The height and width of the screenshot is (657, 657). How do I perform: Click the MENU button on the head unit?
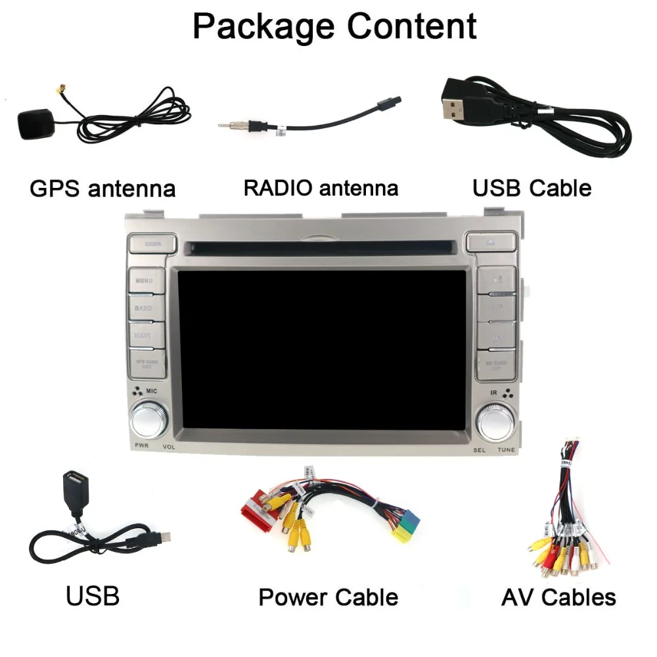pyautogui.click(x=145, y=281)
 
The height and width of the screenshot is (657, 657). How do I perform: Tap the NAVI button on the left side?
pyautogui.click(x=145, y=336)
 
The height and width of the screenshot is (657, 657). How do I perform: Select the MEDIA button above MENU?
pyautogui.click(x=152, y=243)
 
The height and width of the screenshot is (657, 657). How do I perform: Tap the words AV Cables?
pyautogui.click(x=558, y=597)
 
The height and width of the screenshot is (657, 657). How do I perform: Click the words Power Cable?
pyautogui.click(x=328, y=597)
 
